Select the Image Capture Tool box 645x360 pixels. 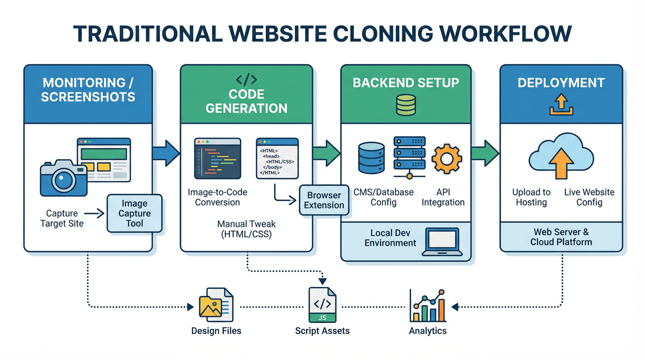[x=135, y=213]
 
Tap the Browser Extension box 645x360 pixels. [x=324, y=200]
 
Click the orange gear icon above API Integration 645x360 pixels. [x=447, y=159]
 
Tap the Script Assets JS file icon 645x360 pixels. [x=322, y=305]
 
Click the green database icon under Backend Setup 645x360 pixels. [x=406, y=105]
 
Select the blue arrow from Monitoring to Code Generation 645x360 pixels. [x=166, y=153]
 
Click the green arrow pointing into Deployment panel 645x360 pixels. [x=485, y=153]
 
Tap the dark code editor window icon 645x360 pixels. [x=217, y=158]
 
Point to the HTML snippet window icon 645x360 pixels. [x=277, y=158]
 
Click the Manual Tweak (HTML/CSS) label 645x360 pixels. [x=246, y=229]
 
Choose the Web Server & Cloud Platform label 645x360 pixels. [x=561, y=237]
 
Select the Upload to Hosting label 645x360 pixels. [x=531, y=197]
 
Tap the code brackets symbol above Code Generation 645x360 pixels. [x=247, y=79]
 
